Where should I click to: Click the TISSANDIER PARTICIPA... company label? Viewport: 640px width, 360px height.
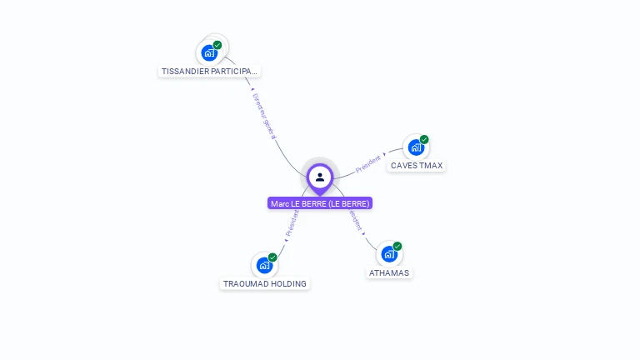209,71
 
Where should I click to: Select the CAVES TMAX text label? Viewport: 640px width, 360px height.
417,165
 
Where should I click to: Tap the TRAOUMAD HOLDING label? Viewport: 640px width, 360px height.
265,283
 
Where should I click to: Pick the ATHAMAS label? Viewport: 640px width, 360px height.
389,272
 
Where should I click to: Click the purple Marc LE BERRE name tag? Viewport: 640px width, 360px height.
320,203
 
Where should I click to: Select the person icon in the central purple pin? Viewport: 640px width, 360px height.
320,177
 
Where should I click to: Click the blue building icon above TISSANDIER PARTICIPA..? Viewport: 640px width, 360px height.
209,52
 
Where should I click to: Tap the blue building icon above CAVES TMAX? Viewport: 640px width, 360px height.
415,147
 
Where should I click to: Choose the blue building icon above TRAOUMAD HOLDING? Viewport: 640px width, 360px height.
264,265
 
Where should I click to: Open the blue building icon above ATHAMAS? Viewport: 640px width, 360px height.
388,254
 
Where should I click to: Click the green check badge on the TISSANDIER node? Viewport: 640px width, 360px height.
217,45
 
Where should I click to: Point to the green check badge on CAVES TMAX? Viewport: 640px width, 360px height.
424,139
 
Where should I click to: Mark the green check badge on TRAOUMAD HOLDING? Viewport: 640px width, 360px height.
272,257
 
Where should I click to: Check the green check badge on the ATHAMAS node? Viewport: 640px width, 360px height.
397,246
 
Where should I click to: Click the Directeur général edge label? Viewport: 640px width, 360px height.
264,115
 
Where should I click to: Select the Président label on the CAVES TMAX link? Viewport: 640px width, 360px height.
368,163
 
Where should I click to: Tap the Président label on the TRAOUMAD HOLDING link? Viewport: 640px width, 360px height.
292,224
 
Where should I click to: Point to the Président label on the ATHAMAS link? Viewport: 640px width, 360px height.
355,220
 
